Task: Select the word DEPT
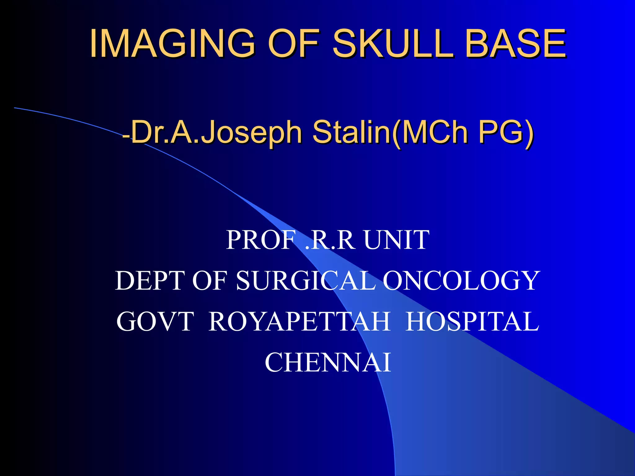pos(150,280)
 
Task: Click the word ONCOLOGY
pos(461,280)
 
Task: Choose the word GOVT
pos(155,322)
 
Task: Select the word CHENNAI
pos(328,363)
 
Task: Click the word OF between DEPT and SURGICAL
pos(210,280)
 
